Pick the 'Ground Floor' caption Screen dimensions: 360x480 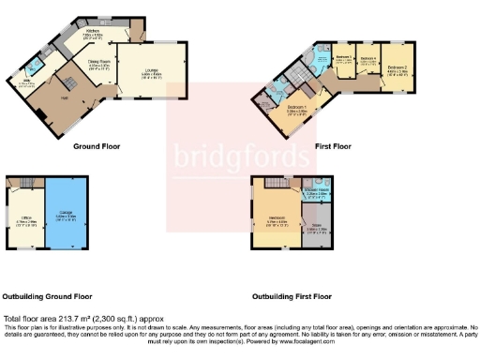[x=97, y=146]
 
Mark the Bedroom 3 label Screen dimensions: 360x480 [x=342, y=58]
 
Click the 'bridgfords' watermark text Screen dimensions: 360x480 [x=239, y=154]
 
